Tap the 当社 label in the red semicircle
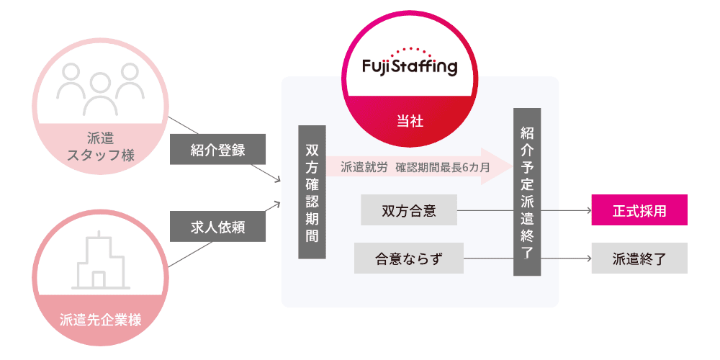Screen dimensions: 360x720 (x=409, y=121)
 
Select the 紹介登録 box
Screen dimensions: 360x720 (x=218, y=150)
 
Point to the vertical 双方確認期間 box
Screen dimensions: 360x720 (x=312, y=192)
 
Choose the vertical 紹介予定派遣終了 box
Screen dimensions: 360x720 (x=526, y=192)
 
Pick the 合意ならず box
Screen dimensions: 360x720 (x=408, y=258)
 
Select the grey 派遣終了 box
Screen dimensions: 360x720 (x=639, y=258)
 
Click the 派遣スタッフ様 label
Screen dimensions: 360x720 (x=101, y=145)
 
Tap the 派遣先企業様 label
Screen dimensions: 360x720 (x=101, y=320)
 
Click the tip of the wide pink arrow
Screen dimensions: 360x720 (x=509, y=166)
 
